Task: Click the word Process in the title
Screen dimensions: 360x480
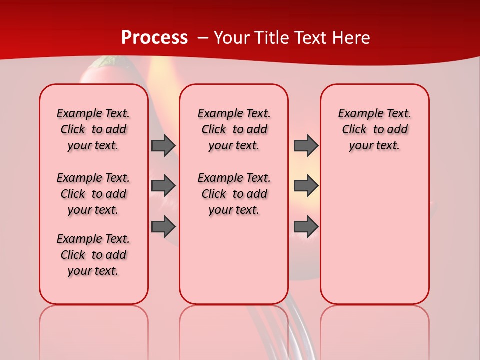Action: click(x=154, y=38)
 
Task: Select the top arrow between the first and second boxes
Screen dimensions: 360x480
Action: click(x=163, y=146)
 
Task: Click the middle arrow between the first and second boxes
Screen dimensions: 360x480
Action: click(x=163, y=186)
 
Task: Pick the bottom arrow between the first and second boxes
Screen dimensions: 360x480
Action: click(x=163, y=227)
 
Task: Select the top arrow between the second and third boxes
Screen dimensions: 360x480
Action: click(x=306, y=146)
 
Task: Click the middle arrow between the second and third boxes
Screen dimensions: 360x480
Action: click(x=306, y=186)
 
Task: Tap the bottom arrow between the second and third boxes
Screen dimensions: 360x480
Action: click(x=306, y=227)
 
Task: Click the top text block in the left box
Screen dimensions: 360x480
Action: click(x=93, y=129)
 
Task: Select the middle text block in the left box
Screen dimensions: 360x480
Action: click(x=93, y=194)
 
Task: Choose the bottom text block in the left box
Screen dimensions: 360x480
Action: click(x=93, y=255)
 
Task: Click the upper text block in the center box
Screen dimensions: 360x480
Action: click(x=234, y=129)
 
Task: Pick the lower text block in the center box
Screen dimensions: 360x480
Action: click(x=234, y=194)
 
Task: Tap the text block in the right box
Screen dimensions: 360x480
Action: click(x=374, y=129)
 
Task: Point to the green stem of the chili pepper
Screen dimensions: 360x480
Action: click(x=105, y=62)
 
